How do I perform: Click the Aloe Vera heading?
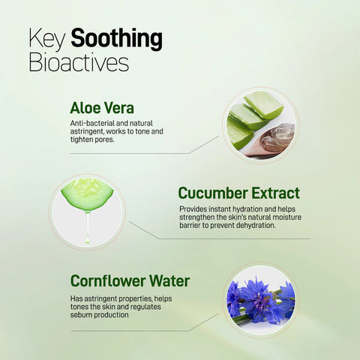102,107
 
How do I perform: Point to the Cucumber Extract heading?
238,193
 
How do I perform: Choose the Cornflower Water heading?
130,282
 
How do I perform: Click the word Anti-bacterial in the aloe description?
91,123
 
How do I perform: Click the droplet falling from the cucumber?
87,238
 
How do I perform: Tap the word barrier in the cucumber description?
194,225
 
